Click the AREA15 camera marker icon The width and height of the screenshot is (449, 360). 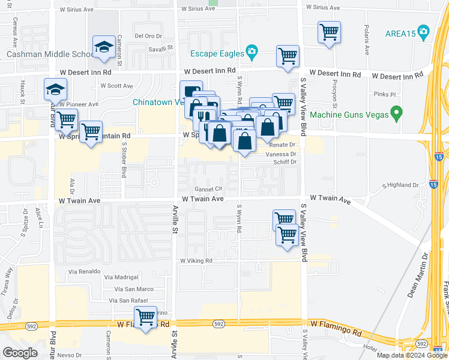[424, 31]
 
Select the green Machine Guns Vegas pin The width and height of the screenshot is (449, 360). [396, 112]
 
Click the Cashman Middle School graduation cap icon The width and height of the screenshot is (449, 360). [103, 47]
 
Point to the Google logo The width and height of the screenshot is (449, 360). [20, 353]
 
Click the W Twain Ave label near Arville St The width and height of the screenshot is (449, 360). [203, 199]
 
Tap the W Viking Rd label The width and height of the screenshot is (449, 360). [196, 261]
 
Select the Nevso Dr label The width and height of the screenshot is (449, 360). [70, 355]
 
